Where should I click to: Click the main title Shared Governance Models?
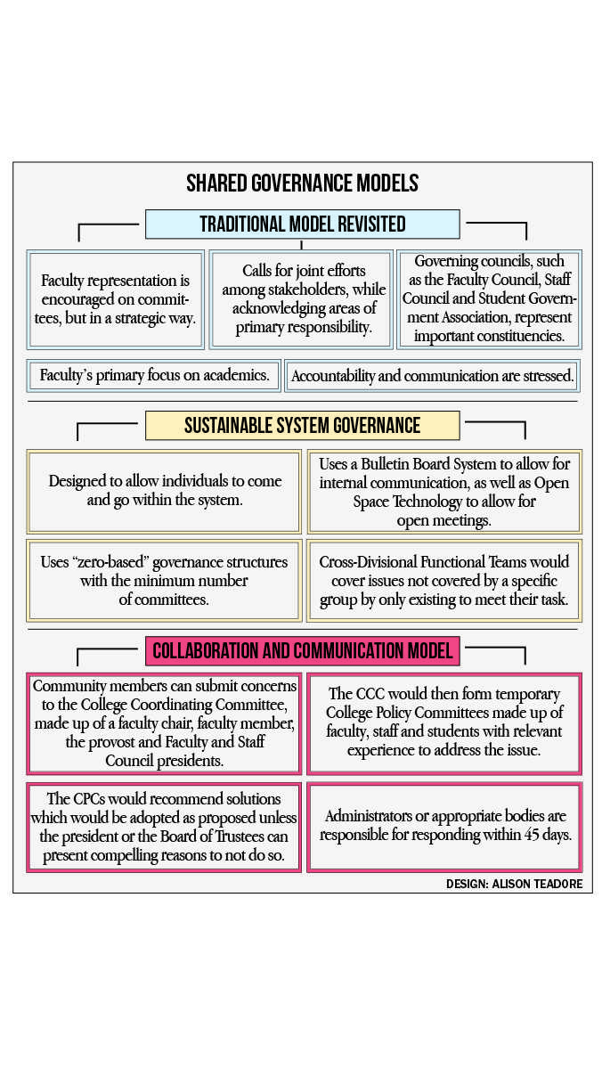click(x=302, y=183)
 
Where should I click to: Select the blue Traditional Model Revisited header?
click(x=303, y=224)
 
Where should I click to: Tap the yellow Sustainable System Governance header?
click(x=303, y=425)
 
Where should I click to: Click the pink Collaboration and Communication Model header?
click(x=303, y=650)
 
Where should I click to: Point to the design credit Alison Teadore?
click(x=514, y=884)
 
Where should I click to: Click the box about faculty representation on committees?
click(x=116, y=299)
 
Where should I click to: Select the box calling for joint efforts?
click(x=301, y=299)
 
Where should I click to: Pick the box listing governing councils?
click(x=490, y=299)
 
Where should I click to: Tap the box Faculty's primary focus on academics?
click(x=153, y=376)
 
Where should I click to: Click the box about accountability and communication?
click(x=432, y=376)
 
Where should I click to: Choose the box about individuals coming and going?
click(x=164, y=491)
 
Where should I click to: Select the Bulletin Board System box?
click(x=444, y=491)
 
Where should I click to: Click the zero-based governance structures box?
click(x=164, y=580)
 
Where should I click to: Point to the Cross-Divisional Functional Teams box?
click(x=444, y=580)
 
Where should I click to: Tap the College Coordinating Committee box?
click(x=164, y=723)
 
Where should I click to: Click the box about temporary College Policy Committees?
click(x=444, y=723)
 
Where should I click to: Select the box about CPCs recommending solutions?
click(x=164, y=828)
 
